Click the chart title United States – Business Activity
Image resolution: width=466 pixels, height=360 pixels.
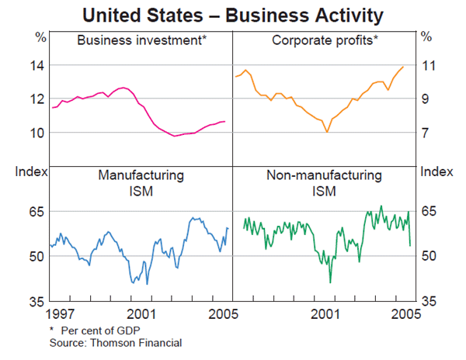tap(233, 14)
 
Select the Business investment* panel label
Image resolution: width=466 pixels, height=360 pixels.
tap(141, 38)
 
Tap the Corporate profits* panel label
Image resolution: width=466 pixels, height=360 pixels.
tap(325, 38)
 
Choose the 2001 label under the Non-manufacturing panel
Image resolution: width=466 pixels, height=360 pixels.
tap(325, 314)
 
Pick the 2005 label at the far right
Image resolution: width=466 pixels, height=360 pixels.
tap(405, 314)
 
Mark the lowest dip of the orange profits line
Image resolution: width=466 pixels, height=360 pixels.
tap(327, 133)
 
